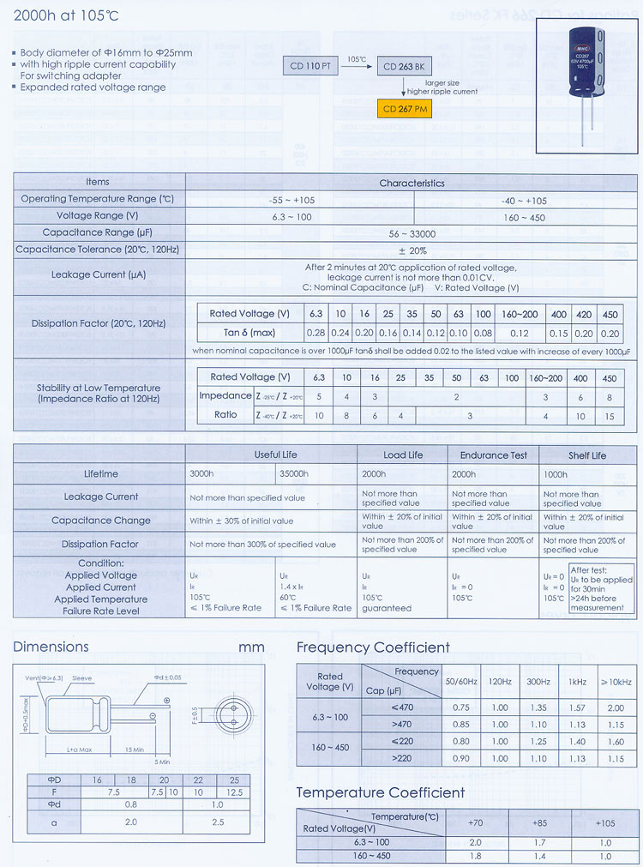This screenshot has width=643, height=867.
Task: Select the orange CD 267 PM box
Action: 404,109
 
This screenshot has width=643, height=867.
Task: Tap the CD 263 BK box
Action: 404,66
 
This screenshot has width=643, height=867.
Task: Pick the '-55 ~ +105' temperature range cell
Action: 300,200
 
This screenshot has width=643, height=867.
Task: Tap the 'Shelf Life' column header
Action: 587,455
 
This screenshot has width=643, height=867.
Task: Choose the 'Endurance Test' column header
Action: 494,455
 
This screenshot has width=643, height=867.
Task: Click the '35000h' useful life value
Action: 294,473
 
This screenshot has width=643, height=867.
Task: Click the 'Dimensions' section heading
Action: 51,647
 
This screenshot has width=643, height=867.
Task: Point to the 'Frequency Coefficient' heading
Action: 373,647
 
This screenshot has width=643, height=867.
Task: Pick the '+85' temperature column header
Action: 540,822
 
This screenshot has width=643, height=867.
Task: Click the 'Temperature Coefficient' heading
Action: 381,792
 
